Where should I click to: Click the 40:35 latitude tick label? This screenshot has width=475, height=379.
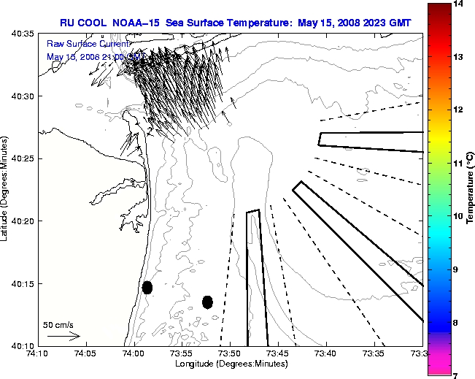24,34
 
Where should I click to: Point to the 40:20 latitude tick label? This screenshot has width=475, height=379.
24,221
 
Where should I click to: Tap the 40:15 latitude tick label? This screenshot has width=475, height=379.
24,283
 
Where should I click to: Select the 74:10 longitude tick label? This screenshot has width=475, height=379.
36,353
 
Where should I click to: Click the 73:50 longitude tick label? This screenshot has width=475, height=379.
230,353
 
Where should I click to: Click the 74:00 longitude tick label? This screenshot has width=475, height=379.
133,353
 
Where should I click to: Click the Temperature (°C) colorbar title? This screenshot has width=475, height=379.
471,190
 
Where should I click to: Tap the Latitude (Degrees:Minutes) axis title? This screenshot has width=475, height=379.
6,189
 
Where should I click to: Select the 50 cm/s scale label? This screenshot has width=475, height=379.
58,324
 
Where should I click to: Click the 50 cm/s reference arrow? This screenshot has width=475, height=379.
63,336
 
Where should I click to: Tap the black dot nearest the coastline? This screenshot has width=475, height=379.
147,287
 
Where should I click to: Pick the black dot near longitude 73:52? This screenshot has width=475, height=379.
207,302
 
